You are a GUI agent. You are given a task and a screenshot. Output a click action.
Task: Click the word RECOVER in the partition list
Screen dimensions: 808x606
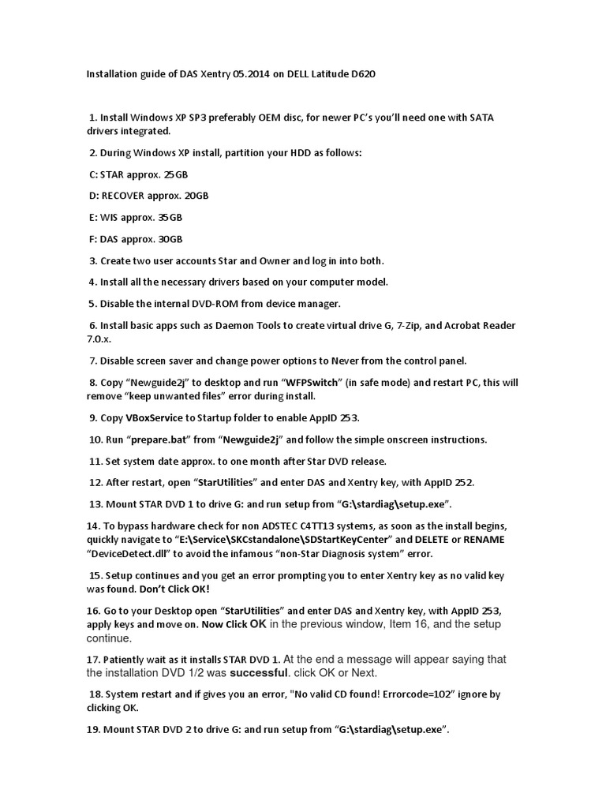point(132,195)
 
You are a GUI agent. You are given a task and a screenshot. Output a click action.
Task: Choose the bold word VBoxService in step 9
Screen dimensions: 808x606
point(161,417)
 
